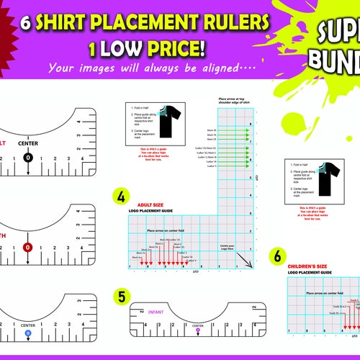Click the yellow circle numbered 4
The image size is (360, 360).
coord(121,197)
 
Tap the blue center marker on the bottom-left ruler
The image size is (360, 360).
coord(28,333)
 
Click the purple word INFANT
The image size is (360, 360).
coord(156,312)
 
